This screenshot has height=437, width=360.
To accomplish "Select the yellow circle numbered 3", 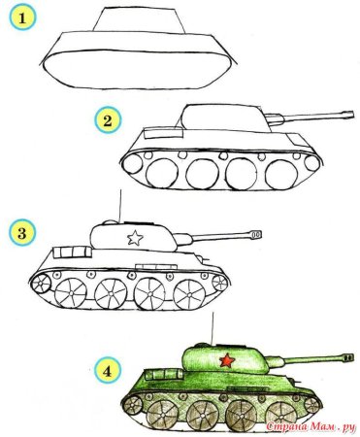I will [19, 232].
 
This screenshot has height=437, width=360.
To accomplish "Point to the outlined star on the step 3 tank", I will [134, 237].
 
